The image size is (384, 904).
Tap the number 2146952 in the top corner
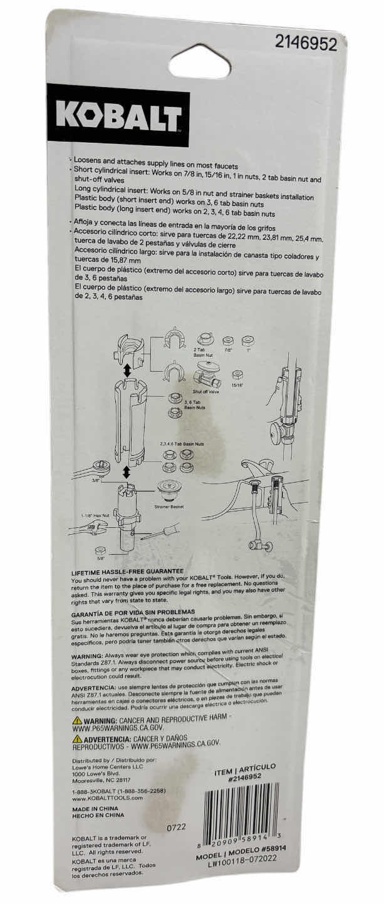[306, 44]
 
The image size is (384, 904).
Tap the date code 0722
[176, 827]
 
